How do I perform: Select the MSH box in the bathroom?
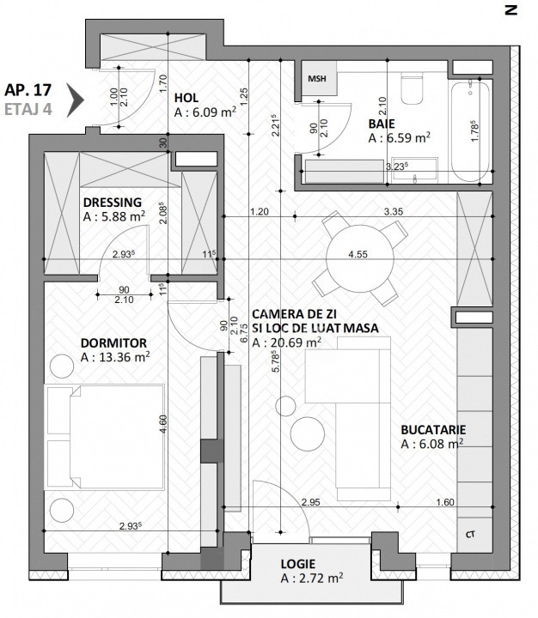(319, 79)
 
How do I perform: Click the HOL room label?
(186, 97)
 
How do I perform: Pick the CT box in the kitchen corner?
(470, 534)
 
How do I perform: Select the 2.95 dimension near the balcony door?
(310, 502)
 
